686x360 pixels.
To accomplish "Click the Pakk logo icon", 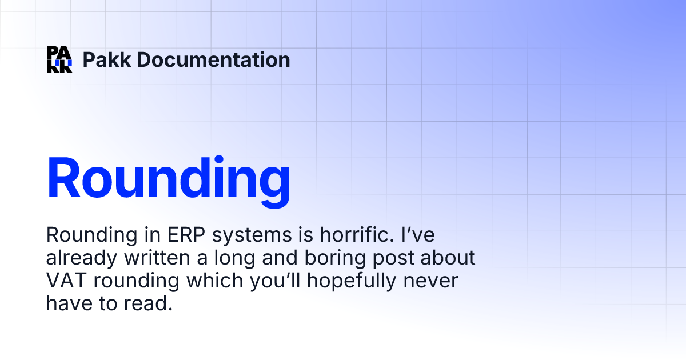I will [x=59, y=59].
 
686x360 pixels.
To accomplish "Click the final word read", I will [x=150, y=304].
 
